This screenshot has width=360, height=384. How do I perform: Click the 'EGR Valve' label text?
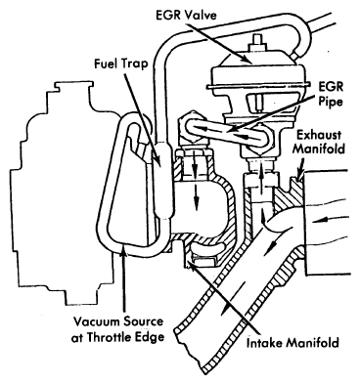186,15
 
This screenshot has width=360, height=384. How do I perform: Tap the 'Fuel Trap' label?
121,64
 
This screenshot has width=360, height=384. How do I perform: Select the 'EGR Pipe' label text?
331,95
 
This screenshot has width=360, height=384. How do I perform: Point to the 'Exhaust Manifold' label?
318,142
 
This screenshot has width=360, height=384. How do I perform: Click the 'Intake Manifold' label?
292,343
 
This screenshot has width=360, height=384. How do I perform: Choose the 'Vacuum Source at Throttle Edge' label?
117,329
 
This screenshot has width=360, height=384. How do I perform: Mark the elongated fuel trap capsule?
162,180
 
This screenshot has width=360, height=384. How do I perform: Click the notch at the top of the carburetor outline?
73,86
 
